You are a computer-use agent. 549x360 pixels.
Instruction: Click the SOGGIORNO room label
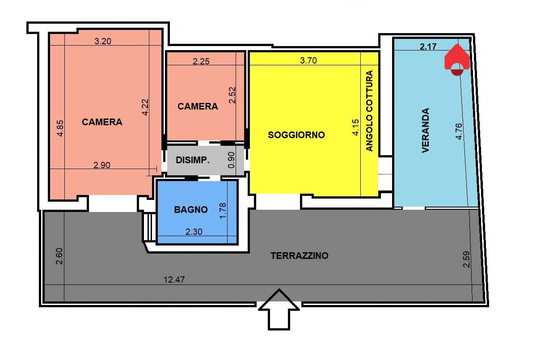click(296, 135)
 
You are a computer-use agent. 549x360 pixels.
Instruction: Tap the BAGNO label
click(191, 210)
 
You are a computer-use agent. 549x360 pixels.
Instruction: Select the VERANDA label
click(426, 131)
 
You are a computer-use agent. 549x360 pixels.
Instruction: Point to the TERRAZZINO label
click(299, 256)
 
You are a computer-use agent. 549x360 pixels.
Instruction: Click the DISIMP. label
click(193, 160)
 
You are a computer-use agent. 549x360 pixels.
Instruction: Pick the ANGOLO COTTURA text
click(369, 110)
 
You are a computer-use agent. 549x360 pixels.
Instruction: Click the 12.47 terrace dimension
click(174, 280)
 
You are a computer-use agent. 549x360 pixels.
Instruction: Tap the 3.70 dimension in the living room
click(308, 60)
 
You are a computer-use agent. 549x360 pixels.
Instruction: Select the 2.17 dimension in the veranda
click(428, 47)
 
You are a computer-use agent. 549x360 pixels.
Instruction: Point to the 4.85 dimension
click(60, 128)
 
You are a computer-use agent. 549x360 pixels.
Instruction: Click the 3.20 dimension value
click(103, 41)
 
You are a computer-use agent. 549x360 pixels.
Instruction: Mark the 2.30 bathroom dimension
click(194, 232)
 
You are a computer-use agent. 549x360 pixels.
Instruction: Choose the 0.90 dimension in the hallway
click(231, 160)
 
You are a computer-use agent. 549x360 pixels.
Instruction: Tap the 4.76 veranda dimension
click(459, 131)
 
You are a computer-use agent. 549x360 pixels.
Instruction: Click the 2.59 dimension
click(466, 259)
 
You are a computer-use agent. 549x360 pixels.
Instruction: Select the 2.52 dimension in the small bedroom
click(232, 95)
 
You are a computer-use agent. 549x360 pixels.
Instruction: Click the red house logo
click(457, 59)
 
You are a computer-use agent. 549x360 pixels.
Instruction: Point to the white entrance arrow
click(279, 309)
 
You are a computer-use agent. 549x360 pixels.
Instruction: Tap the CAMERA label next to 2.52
click(198, 106)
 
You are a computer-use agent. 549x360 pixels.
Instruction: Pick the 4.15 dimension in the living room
click(355, 127)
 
